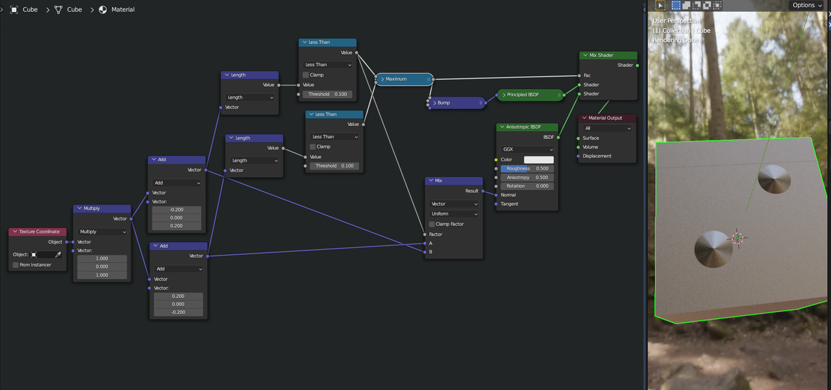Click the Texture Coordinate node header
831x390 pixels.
pos(38,232)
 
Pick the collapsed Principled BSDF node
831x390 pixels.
pos(530,95)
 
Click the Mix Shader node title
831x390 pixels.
pos(607,55)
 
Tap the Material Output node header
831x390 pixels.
pos(607,118)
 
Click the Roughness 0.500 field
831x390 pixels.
pos(527,169)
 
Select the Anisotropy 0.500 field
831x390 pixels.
pos(527,177)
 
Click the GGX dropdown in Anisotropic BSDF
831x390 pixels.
pos(527,149)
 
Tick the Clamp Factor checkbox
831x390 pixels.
pos(432,224)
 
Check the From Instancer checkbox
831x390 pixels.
pos(16,265)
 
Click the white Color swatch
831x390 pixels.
pos(538,160)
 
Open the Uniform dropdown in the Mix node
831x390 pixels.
pos(454,213)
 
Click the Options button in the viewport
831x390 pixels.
pos(807,5)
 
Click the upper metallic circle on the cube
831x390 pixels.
pos(774,179)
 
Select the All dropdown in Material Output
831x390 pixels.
pos(607,128)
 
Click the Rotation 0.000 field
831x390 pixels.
pos(527,186)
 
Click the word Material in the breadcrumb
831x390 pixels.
pos(123,10)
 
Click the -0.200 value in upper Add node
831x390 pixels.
pos(177,210)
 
